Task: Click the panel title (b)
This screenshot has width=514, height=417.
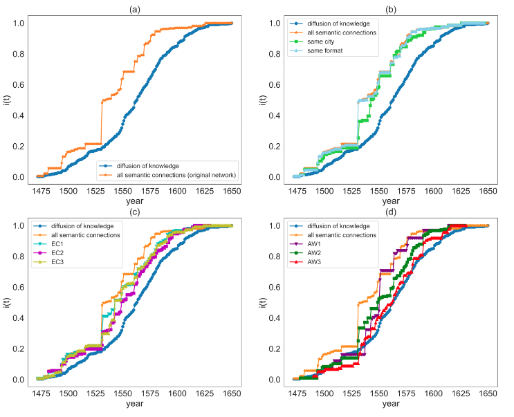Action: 390,8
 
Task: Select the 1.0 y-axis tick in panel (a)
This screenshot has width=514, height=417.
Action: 19,23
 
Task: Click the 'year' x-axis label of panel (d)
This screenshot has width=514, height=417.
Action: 390,403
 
